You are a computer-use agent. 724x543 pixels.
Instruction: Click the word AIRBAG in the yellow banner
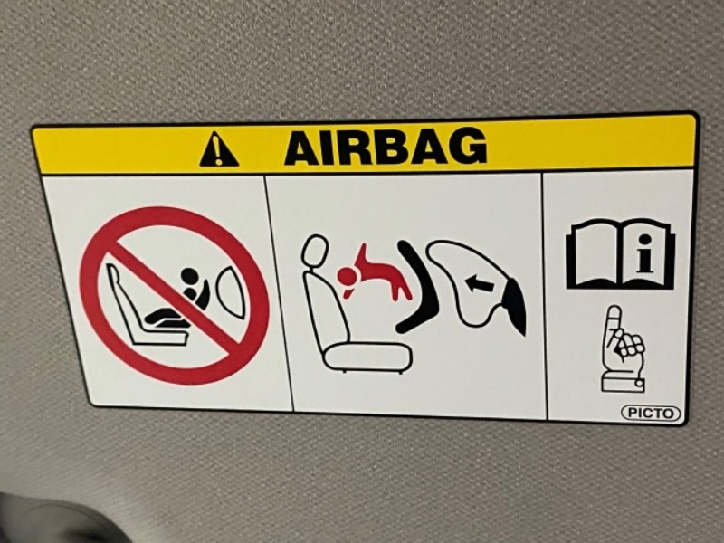386,146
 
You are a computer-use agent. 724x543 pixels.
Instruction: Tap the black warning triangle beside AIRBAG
218,149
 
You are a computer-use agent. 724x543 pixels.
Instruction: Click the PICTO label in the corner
651,413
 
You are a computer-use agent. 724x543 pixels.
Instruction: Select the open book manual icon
620,254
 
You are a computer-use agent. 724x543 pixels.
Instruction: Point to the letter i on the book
646,253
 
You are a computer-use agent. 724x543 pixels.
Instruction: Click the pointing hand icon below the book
622,348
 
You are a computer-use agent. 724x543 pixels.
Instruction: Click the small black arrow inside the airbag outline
481,282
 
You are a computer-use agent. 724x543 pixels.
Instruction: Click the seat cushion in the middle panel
368,357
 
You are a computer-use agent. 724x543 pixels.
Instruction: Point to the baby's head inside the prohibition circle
189,276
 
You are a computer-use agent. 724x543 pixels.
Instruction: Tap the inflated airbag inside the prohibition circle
231,292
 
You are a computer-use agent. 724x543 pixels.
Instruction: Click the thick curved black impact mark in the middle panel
416,287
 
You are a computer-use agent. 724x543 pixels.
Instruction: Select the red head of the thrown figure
346,277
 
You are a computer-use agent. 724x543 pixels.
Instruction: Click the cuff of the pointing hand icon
623,382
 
